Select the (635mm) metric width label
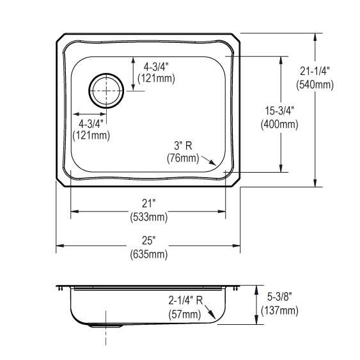[x=150, y=254]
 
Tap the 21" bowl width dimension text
[x=148, y=203]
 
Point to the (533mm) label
[x=148, y=216]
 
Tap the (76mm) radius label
[x=183, y=157]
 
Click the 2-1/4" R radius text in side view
[x=184, y=301]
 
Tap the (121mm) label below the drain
[x=93, y=135]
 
